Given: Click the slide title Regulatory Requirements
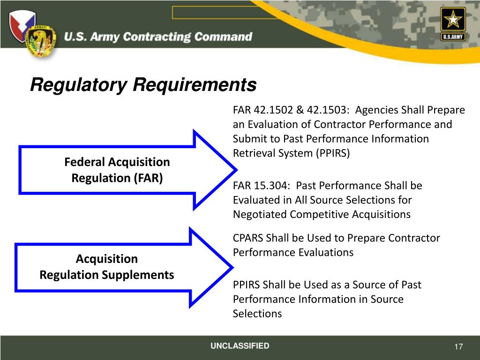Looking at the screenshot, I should tap(143, 85).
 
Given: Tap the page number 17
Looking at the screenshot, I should tap(458, 347).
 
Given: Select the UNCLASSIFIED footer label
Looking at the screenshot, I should tap(240, 346).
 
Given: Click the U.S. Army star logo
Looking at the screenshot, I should tap(453, 23).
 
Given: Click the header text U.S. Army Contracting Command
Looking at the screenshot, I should tap(158, 37).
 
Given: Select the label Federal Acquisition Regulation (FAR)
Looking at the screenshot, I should tap(117, 170).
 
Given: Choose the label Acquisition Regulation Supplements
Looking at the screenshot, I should tap(107, 267).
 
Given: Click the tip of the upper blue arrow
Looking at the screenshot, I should tap(234, 169).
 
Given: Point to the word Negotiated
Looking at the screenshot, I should tap(260, 215).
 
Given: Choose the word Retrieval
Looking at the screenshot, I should tap(253, 153).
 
